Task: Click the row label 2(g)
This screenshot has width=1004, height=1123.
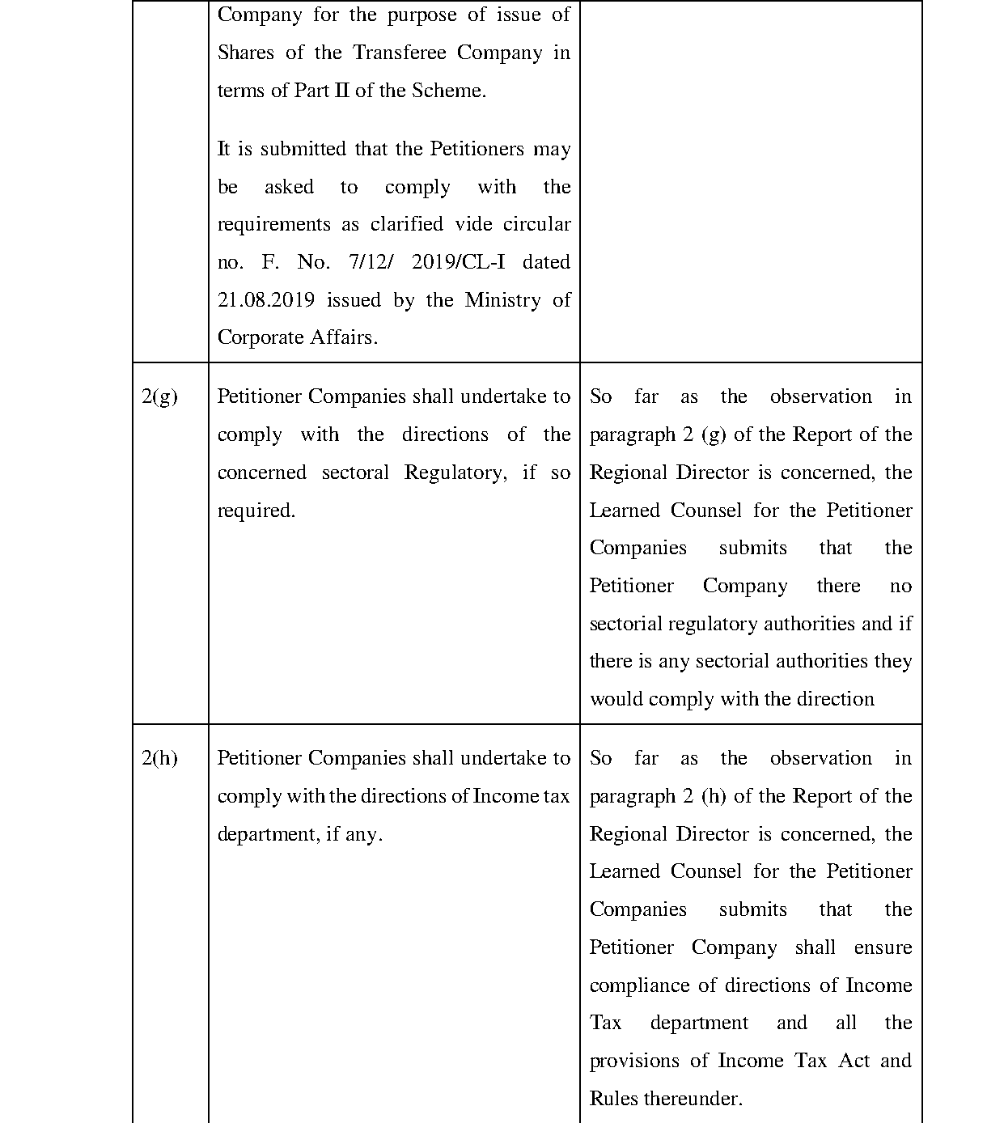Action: point(159,397)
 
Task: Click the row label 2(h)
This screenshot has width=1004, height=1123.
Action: point(159,759)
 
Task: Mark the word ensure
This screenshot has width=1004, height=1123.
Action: point(883,947)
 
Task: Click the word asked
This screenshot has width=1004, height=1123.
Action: point(289,187)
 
